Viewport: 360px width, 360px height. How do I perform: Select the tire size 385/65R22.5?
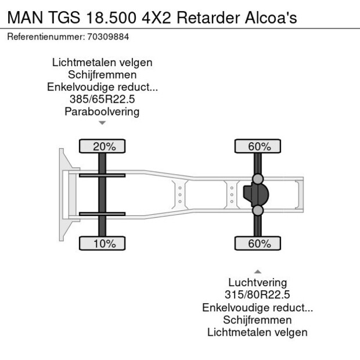click(102, 99)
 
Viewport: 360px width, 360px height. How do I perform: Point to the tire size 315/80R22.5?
click(258, 295)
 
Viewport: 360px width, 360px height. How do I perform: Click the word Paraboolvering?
click(102, 111)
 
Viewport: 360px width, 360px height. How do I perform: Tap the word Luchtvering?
click(258, 283)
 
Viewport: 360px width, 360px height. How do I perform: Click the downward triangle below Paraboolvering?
click(102, 123)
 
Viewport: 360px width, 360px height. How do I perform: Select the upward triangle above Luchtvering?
click(258, 271)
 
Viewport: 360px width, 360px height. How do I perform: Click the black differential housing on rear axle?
click(254, 195)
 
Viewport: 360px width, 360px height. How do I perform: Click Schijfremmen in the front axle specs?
click(102, 75)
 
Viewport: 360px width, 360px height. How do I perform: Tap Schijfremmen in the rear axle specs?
click(258, 320)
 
